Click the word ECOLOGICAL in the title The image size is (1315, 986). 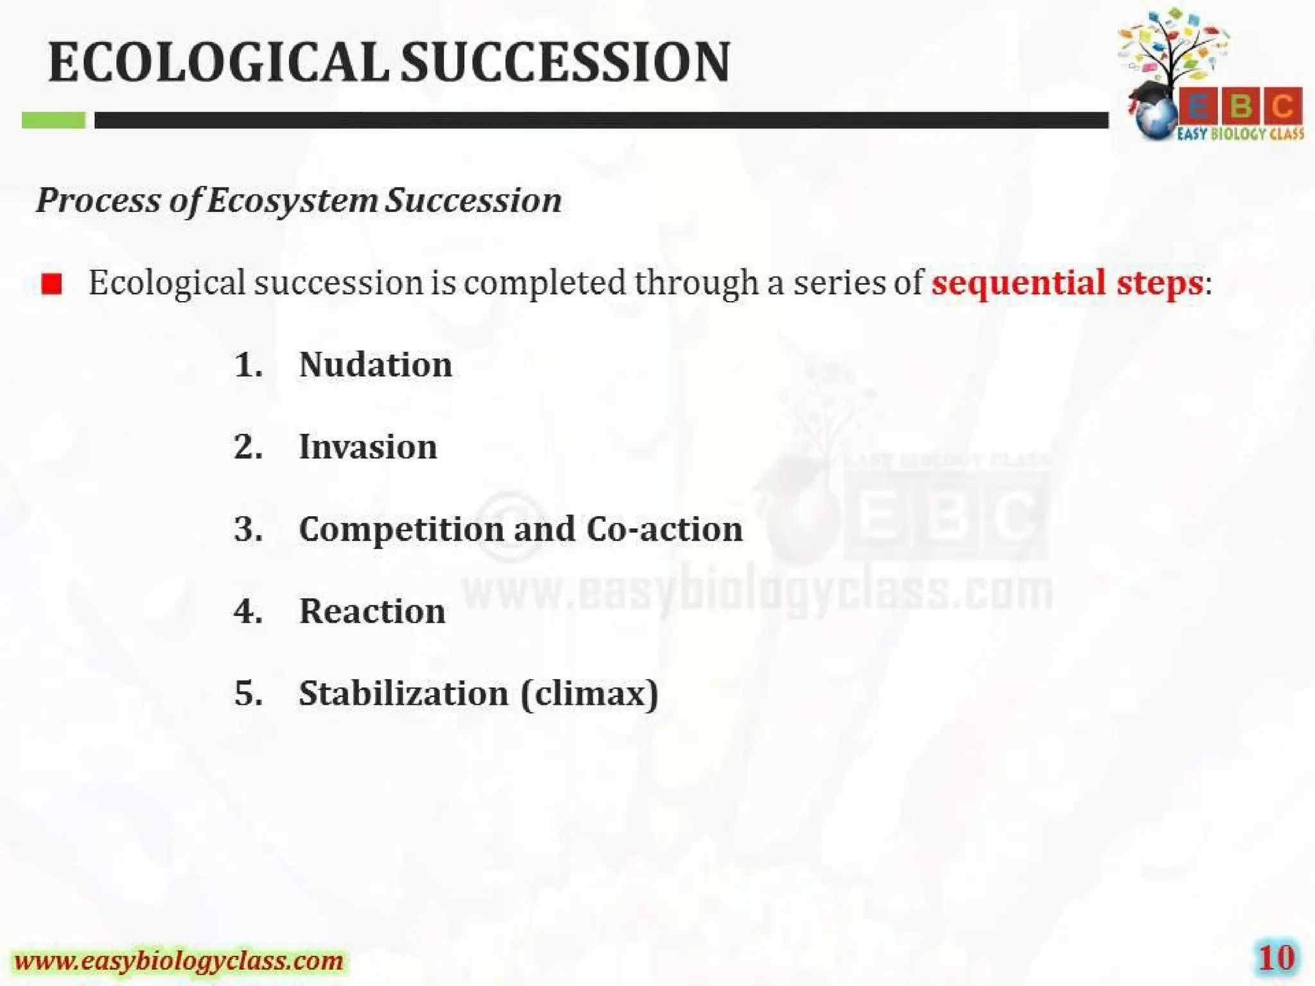pos(218,62)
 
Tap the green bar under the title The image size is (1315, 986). pos(53,120)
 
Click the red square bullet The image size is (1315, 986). pos(51,283)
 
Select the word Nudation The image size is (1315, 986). pos(376,365)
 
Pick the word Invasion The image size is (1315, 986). pos(368,447)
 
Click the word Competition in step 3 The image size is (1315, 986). pos(401,530)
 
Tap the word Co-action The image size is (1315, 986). pos(664,529)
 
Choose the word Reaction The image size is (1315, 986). pos(372,611)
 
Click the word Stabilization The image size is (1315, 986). pos(403,693)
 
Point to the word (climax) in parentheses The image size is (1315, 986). pos(589,693)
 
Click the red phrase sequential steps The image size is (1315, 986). pos(1067,282)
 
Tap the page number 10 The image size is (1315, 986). pos(1276,958)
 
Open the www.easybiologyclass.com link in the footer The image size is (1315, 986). pos(179,961)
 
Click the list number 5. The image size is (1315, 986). pos(248,693)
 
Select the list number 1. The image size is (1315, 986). pos(248,365)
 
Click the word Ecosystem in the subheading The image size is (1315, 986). pos(292,200)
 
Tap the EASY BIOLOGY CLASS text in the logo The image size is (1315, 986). pos(1240,134)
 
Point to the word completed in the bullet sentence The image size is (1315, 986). pos(544,283)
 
